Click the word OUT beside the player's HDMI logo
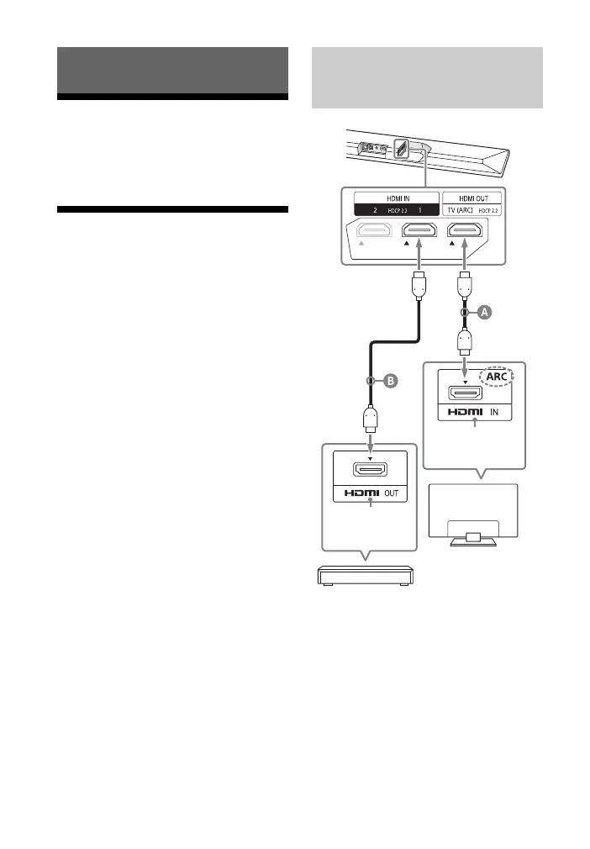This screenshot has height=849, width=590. [391, 495]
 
